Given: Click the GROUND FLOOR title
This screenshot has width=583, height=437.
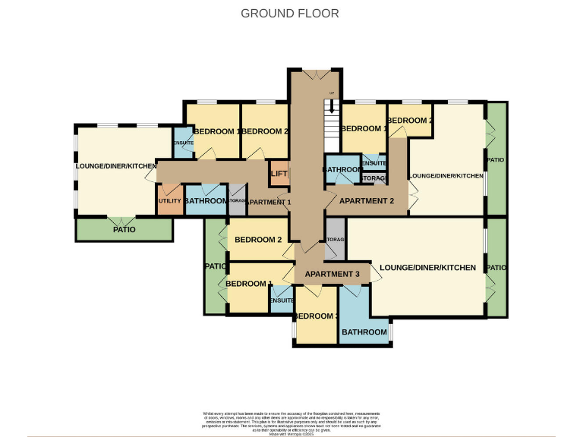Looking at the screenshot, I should coord(290,13).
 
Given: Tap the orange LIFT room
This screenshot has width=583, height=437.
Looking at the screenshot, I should coord(279,174).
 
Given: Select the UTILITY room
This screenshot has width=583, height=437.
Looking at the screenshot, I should coord(169,200).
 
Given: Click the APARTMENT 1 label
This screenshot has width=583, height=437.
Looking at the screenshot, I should coord(269,202).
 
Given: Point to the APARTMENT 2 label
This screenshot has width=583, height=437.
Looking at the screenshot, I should coord(367,201).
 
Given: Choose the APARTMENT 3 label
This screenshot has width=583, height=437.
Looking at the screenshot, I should coord(332,274).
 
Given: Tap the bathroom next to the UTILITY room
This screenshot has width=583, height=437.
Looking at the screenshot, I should coord(205,200).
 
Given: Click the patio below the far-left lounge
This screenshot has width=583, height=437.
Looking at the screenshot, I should coord(124,228).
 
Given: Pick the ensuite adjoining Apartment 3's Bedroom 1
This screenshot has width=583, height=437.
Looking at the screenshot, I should coord(282,300).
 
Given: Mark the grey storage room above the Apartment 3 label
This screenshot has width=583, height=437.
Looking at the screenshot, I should coord(336,240).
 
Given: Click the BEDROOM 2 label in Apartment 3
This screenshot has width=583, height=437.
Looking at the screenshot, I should coord(258,240).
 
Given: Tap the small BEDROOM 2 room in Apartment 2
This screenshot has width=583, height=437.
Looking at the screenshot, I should coord(410,121).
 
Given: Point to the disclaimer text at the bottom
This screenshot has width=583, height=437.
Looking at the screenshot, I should coord(290,421).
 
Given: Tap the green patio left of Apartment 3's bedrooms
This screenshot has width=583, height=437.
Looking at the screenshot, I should coord(214,266).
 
